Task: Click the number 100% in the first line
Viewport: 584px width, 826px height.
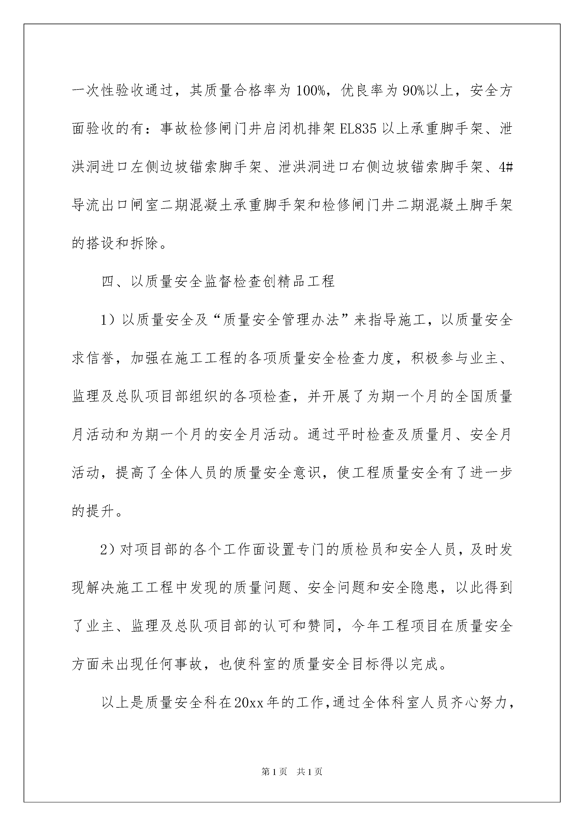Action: pyautogui.click(x=310, y=91)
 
